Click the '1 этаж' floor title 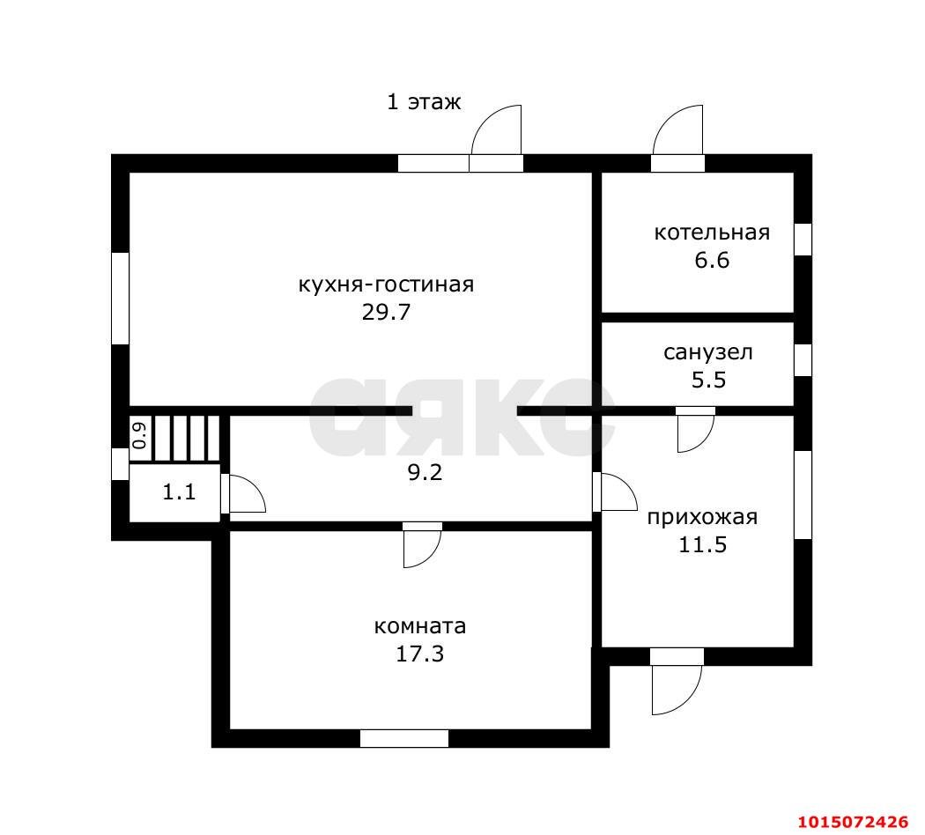click(x=424, y=102)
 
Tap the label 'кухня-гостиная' click(x=386, y=284)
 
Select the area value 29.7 click(x=386, y=312)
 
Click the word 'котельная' click(x=712, y=233)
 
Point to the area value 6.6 click(x=712, y=260)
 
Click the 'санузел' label click(x=708, y=352)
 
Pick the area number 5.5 click(x=708, y=380)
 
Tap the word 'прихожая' click(x=703, y=518)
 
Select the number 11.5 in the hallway click(x=703, y=544)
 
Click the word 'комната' click(x=420, y=626)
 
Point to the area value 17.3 click(x=419, y=654)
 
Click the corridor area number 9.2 click(x=425, y=472)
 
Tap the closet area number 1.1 click(x=179, y=491)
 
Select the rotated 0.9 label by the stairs click(x=140, y=436)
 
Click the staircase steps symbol click(x=187, y=438)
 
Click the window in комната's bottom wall click(x=404, y=738)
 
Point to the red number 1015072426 click(x=853, y=822)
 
